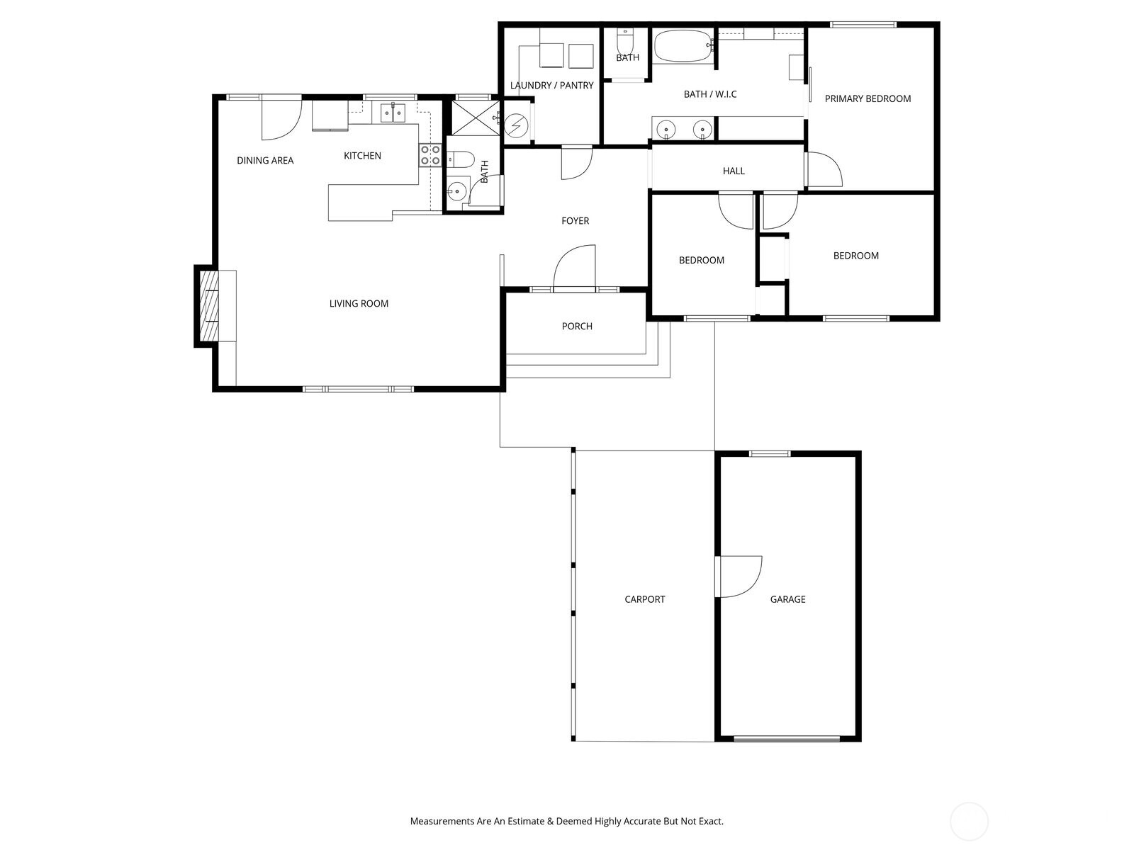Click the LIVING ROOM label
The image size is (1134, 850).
(x=359, y=304)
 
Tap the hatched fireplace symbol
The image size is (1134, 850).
(x=210, y=307)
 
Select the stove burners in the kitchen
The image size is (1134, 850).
(x=430, y=155)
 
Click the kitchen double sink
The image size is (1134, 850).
(x=392, y=112)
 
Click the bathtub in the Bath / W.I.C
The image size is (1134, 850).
(x=683, y=46)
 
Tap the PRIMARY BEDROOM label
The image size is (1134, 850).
(x=868, y=98)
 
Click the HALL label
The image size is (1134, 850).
(x=734, y=171)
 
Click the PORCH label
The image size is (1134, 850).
(x=577, y=327)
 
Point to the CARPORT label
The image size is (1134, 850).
(x=644, y=599)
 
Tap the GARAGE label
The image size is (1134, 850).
(x=787, y=599)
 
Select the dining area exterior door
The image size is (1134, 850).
(x=279, y=118)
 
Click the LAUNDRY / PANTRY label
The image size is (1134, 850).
(x=551, y=86)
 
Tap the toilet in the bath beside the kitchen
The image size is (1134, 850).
(x=461, y=160)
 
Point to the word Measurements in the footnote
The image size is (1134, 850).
(x=442, y=822)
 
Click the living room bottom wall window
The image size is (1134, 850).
(x=358, y=389)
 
